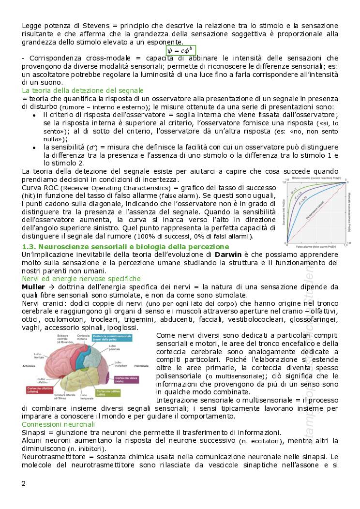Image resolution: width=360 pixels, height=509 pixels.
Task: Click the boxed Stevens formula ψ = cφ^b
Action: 180,50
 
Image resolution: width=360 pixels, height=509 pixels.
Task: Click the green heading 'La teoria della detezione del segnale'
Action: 83,90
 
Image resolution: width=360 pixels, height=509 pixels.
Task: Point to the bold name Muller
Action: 33,287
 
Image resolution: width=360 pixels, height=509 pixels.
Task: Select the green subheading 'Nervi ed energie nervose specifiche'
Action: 81,279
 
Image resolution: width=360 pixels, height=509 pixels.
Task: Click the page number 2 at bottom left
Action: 24,483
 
